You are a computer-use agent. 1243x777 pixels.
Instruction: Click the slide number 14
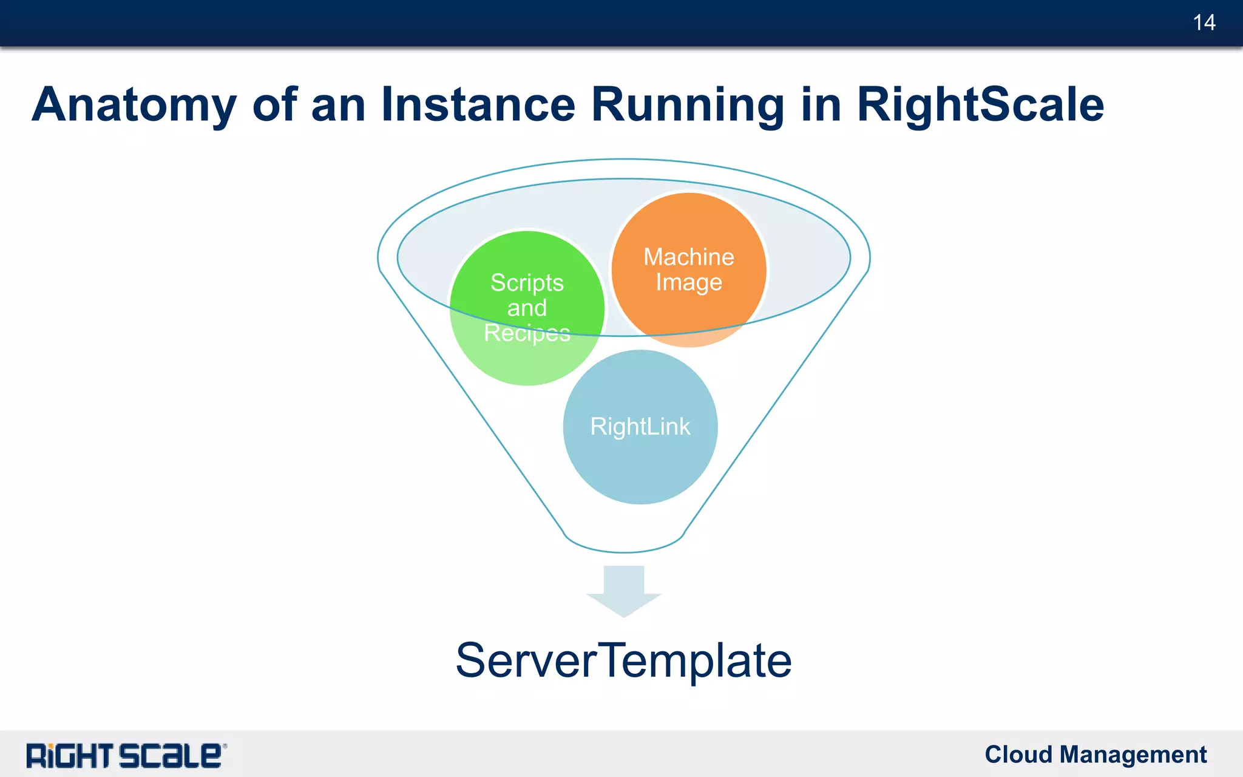tap(1204, 23)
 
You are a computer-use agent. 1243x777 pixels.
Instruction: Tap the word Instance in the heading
tap(478, 104)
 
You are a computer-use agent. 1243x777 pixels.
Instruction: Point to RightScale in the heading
tap(980, 104)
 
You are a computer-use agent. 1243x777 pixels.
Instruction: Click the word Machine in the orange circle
tap(688, 257)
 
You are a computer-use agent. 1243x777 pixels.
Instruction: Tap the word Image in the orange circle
tap(688, 283)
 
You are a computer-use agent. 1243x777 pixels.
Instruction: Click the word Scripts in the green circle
tap(527, 283)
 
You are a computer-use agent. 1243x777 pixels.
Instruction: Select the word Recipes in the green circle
tap(527, 333)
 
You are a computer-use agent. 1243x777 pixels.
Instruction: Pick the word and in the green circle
tap(527, 308)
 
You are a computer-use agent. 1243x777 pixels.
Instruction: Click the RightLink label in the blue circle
tap(640, 427)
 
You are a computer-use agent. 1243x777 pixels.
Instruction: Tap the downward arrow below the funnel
tap(623, 592)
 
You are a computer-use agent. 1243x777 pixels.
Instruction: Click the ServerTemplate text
tap(623, 660)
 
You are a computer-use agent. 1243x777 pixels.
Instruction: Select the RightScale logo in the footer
tap(124, 756)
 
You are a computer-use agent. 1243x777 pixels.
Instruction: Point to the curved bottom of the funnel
tap(623, 550)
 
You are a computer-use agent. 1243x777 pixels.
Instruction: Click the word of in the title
tap(274, 104)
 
